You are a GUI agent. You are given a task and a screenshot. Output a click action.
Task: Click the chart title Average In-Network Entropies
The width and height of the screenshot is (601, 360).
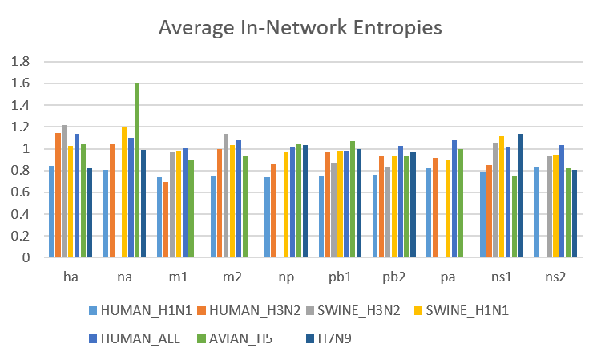click(x=300, y=28)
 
